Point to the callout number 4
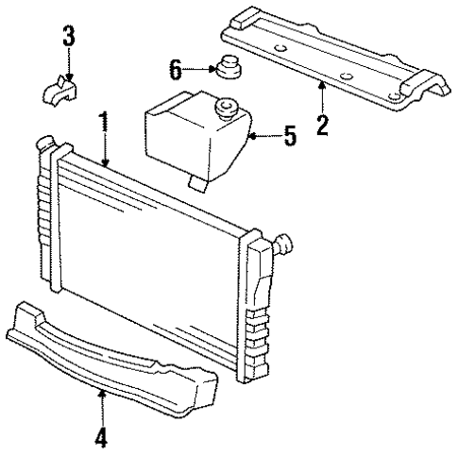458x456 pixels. point(100,436)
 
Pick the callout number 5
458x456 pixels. point(291,137)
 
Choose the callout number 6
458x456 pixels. point(175,69)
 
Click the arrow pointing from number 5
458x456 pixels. point(263,138)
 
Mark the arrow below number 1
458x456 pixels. point(104,151)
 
